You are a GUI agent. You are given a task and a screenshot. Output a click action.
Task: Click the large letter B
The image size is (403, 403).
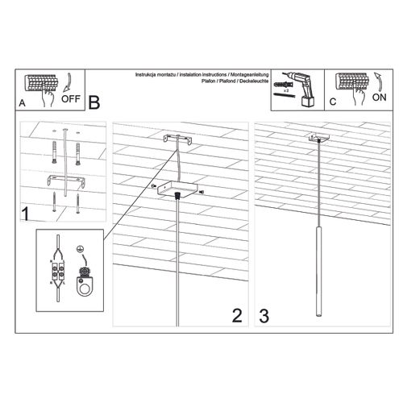coord(93,102)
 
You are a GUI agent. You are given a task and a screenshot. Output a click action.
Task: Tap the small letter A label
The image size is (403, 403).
coord(22,103)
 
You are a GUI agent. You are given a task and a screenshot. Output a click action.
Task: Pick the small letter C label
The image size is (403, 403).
coord(332,103)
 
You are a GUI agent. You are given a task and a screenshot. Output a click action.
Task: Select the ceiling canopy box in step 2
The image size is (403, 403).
coord(178,189)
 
